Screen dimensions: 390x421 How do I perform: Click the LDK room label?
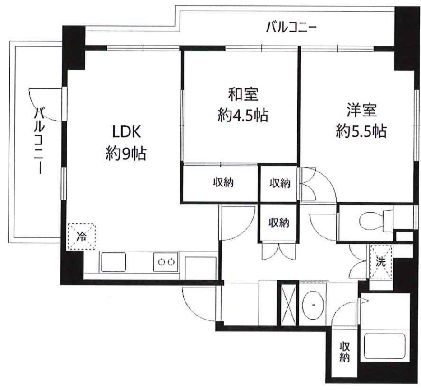click(127, 133)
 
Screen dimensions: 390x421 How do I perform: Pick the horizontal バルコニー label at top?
click(291, 28)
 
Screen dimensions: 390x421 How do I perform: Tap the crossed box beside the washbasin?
click(287, 304)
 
